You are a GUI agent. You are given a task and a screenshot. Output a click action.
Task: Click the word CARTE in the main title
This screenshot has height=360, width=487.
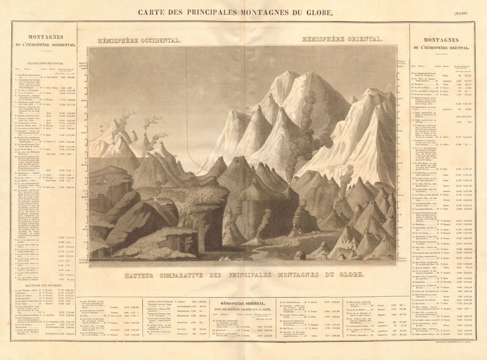[149, 13]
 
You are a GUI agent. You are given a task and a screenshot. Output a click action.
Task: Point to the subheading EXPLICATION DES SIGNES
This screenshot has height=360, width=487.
[45, 64]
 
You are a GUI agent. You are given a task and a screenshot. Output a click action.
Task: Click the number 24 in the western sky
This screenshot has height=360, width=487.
[101, 126]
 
